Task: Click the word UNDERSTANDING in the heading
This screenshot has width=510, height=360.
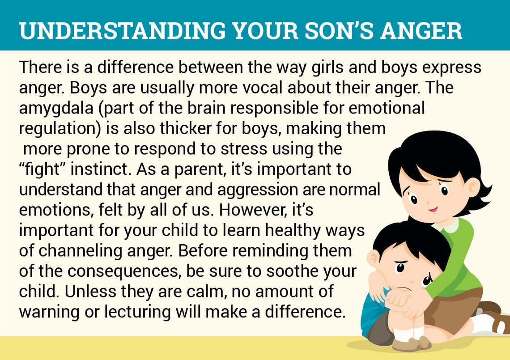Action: (122, 31)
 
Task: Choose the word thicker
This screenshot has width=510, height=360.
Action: (183, 128)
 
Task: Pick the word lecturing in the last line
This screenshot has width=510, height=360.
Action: (137, 312)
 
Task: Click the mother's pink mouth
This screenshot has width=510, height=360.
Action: (433, 209)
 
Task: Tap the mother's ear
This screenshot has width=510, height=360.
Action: (474, 188)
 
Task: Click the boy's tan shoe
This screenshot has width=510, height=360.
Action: (412, 344)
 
